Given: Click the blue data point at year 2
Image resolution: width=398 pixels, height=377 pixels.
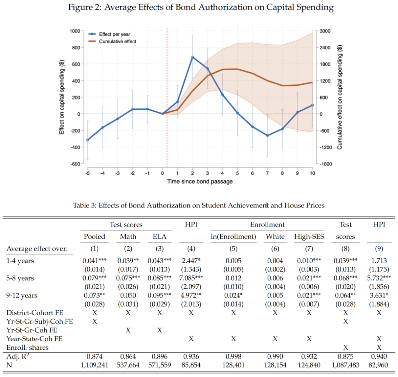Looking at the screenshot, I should pyautogui.click(x=192, y=57).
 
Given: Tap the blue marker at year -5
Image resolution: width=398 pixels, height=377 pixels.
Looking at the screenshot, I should pyautogui.click(x=87, y=140).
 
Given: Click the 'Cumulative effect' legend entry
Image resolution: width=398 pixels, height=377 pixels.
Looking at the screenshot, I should pyautogui.click(x=117, y=42).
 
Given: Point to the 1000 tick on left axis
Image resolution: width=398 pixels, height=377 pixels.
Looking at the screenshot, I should pyautogui.click(x=75, y=31).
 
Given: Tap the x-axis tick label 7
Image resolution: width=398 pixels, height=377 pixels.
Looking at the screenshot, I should pyautogui.click(x=268, y=173).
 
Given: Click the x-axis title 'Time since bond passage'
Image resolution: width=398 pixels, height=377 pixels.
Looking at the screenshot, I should pyautogui.click(x=200, y=181).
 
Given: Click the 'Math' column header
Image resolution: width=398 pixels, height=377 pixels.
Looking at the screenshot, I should pyautogui.click(x=128, y=237).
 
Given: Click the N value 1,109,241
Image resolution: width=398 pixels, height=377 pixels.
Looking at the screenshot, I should pyautogui.click(x=95, y=365).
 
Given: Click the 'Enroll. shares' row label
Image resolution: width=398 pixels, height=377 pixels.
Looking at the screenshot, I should pyautogui.click(x=27, y=347).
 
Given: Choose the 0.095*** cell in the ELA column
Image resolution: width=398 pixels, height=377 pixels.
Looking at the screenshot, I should pyautogui.click(x=160, y=296).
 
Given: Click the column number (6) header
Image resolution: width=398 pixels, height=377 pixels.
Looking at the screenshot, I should pyautogui.click(x=275, y=249).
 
